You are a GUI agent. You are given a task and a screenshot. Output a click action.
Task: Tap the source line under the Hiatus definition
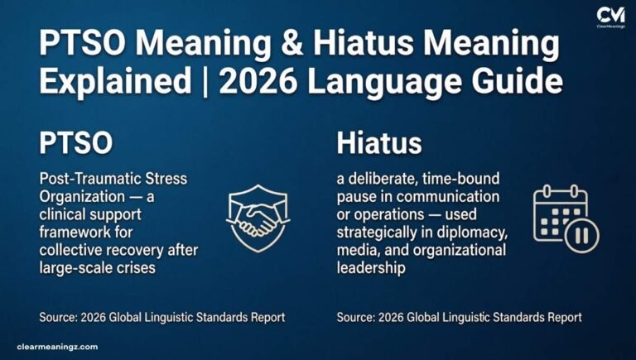click(x=459, y=317)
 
